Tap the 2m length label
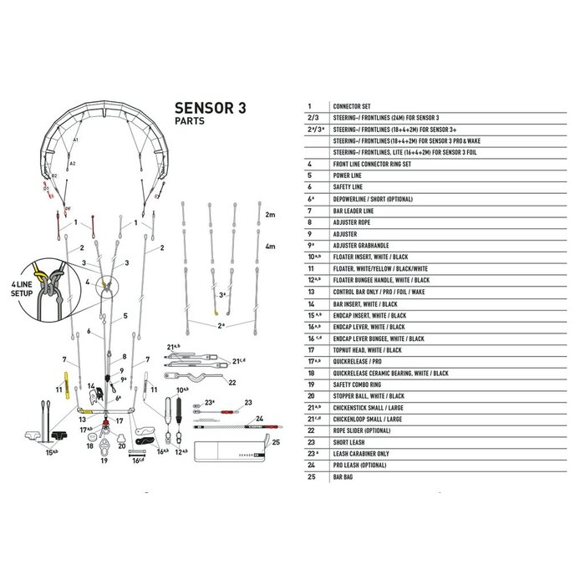pyautogui.click(x=269, y=216)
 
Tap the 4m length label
pyautogui.click(x=269, y=248)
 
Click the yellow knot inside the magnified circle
pyautogui.click(x=39, y=272)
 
